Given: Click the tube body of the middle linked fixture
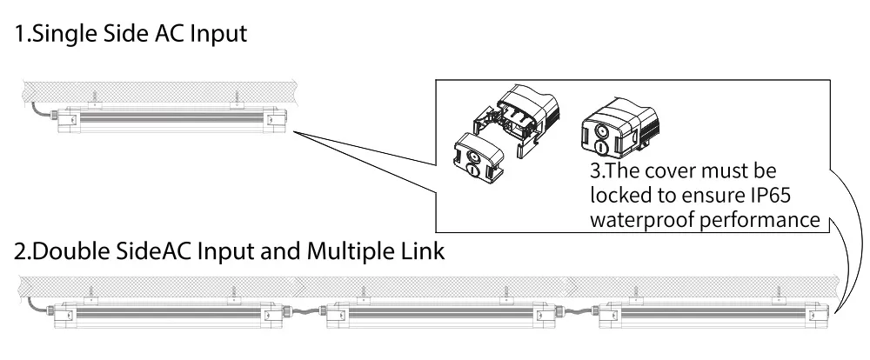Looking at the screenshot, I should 435,318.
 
